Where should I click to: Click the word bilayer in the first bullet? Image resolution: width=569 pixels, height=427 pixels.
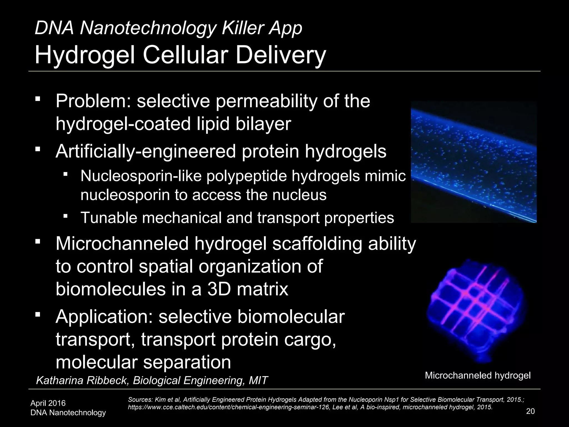point(263,124)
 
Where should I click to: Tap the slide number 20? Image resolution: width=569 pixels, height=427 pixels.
point(530,411)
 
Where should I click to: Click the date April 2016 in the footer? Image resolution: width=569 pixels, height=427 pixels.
point(48,403)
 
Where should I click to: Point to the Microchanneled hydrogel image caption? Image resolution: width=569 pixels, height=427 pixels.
point(478,376)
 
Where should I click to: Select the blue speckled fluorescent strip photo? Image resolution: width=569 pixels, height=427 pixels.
point(473,162)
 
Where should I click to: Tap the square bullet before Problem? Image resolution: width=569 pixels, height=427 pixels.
point(38,99)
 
